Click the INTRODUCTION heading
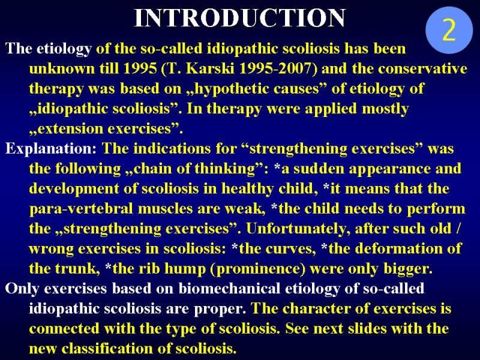coord(240,18)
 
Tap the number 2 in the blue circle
coord(449,31)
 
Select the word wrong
coord(51,249)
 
